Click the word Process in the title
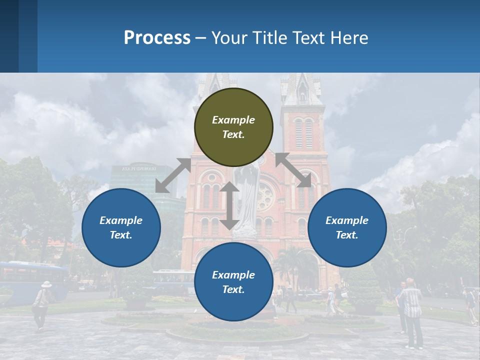pos(157,37)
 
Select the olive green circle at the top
pos(233,127)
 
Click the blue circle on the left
pos(121,227)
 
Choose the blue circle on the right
pos(347,227)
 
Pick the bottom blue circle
pos(233,282)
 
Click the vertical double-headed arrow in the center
pos(229,205)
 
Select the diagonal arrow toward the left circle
pos(173,175)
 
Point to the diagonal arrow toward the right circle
pos(293,170)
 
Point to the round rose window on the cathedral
pos(264,196)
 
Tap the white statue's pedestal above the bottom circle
pos(245,233)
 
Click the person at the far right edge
pos(470,305)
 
